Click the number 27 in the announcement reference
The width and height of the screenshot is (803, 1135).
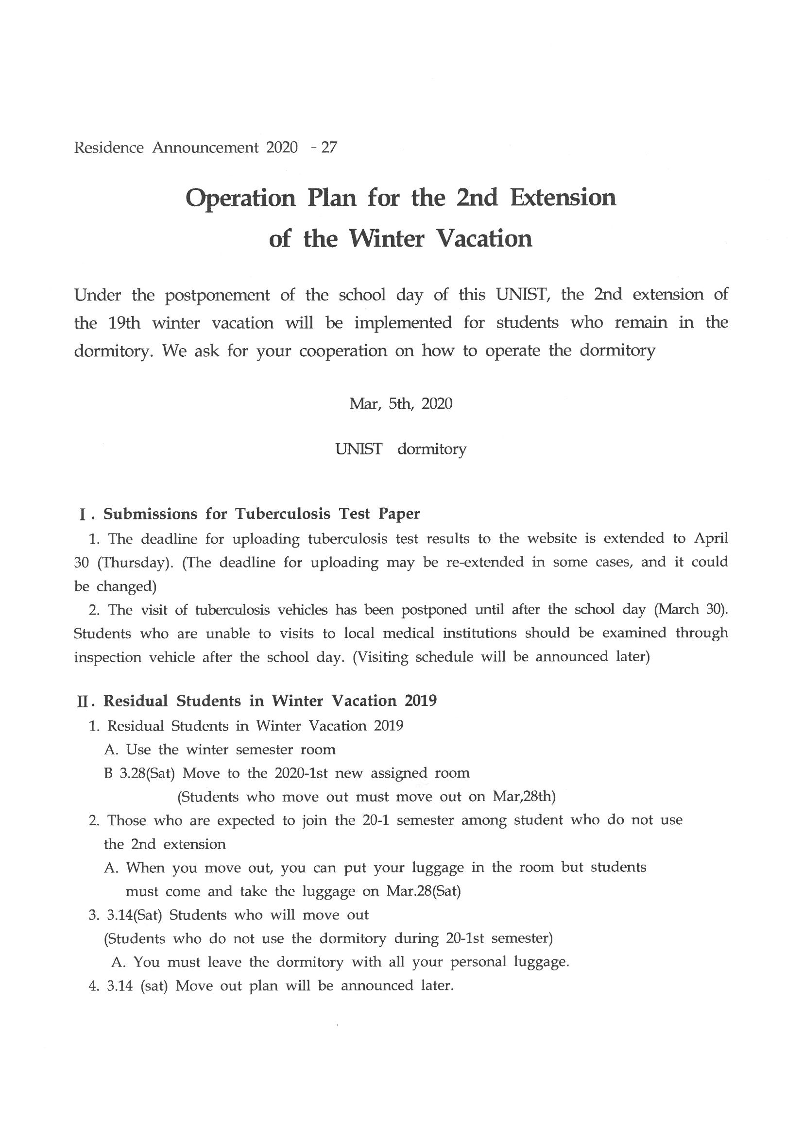point(329,147)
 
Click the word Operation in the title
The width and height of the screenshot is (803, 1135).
point(240,199)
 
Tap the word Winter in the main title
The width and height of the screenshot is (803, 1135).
point(386,239)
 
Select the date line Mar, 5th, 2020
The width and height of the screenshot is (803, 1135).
point(401,404)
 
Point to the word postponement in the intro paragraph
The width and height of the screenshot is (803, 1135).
point(217,296)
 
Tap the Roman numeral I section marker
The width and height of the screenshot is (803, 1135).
point(82,515)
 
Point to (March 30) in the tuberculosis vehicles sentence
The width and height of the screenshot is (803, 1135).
point(690,610)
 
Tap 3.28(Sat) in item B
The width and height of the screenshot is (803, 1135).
point(147,773)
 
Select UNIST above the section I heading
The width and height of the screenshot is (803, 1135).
point(359,449)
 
